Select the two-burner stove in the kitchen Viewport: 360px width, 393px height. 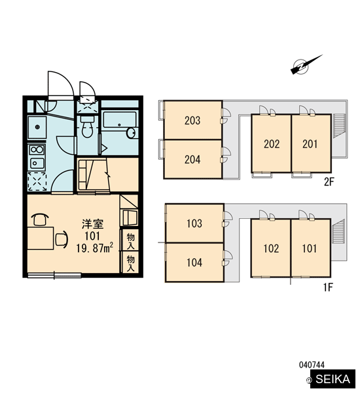pyautogui.click(x=37, y=149)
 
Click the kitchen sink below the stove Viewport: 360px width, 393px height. pyautogui.click(x=37, y=163)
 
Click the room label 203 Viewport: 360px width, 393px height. pyautogui.click(x=192, y=121)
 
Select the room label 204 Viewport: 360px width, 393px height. pyautogui.click(x=192, y=159)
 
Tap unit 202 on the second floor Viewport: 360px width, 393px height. pyautogui.click(x=272, y=143)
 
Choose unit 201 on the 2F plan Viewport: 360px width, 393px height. pyautogui.click(x=312, y=143)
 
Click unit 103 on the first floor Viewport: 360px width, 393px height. pyautogui.click(x=194, y=223)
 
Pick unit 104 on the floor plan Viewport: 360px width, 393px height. pyautogui.click(x=194, y=263)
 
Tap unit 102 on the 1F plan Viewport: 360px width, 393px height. pyautogui.click(x=271, y=248)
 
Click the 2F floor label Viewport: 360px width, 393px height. pyautogui.click(x=329, y=182)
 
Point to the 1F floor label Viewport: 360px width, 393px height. pyautogui.click(x=328, y=288)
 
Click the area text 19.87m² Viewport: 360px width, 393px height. pyautogui.click(x=94, y=248)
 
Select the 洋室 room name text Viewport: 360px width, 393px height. pyautogui.click(x=93, y=224)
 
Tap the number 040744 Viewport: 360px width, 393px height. pyautogui.click(x=312, y=365)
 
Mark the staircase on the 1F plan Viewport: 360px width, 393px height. pyautogui.click(x=338, y=231)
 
